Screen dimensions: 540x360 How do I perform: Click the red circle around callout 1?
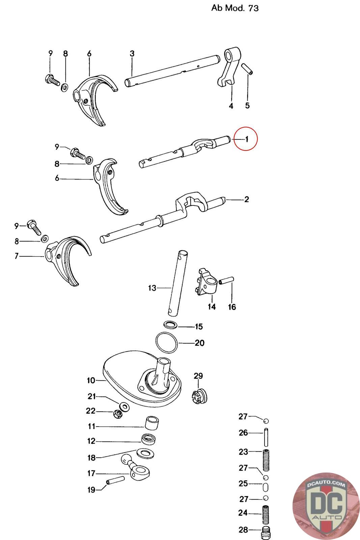tap(246, 139)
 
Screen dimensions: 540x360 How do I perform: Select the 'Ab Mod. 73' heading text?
tap(235, 8)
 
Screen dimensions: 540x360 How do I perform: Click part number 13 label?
tap(152, 288)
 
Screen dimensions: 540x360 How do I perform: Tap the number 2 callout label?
tap(247, 199)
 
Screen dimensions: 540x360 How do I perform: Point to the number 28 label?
tap(243, 530)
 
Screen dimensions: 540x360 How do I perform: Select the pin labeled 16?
tap(226, 281)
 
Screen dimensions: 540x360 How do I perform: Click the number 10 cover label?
tap(91, 380)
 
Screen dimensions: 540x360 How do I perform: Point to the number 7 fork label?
tap(17, 256)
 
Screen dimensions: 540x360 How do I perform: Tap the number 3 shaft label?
tap(132, 53)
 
